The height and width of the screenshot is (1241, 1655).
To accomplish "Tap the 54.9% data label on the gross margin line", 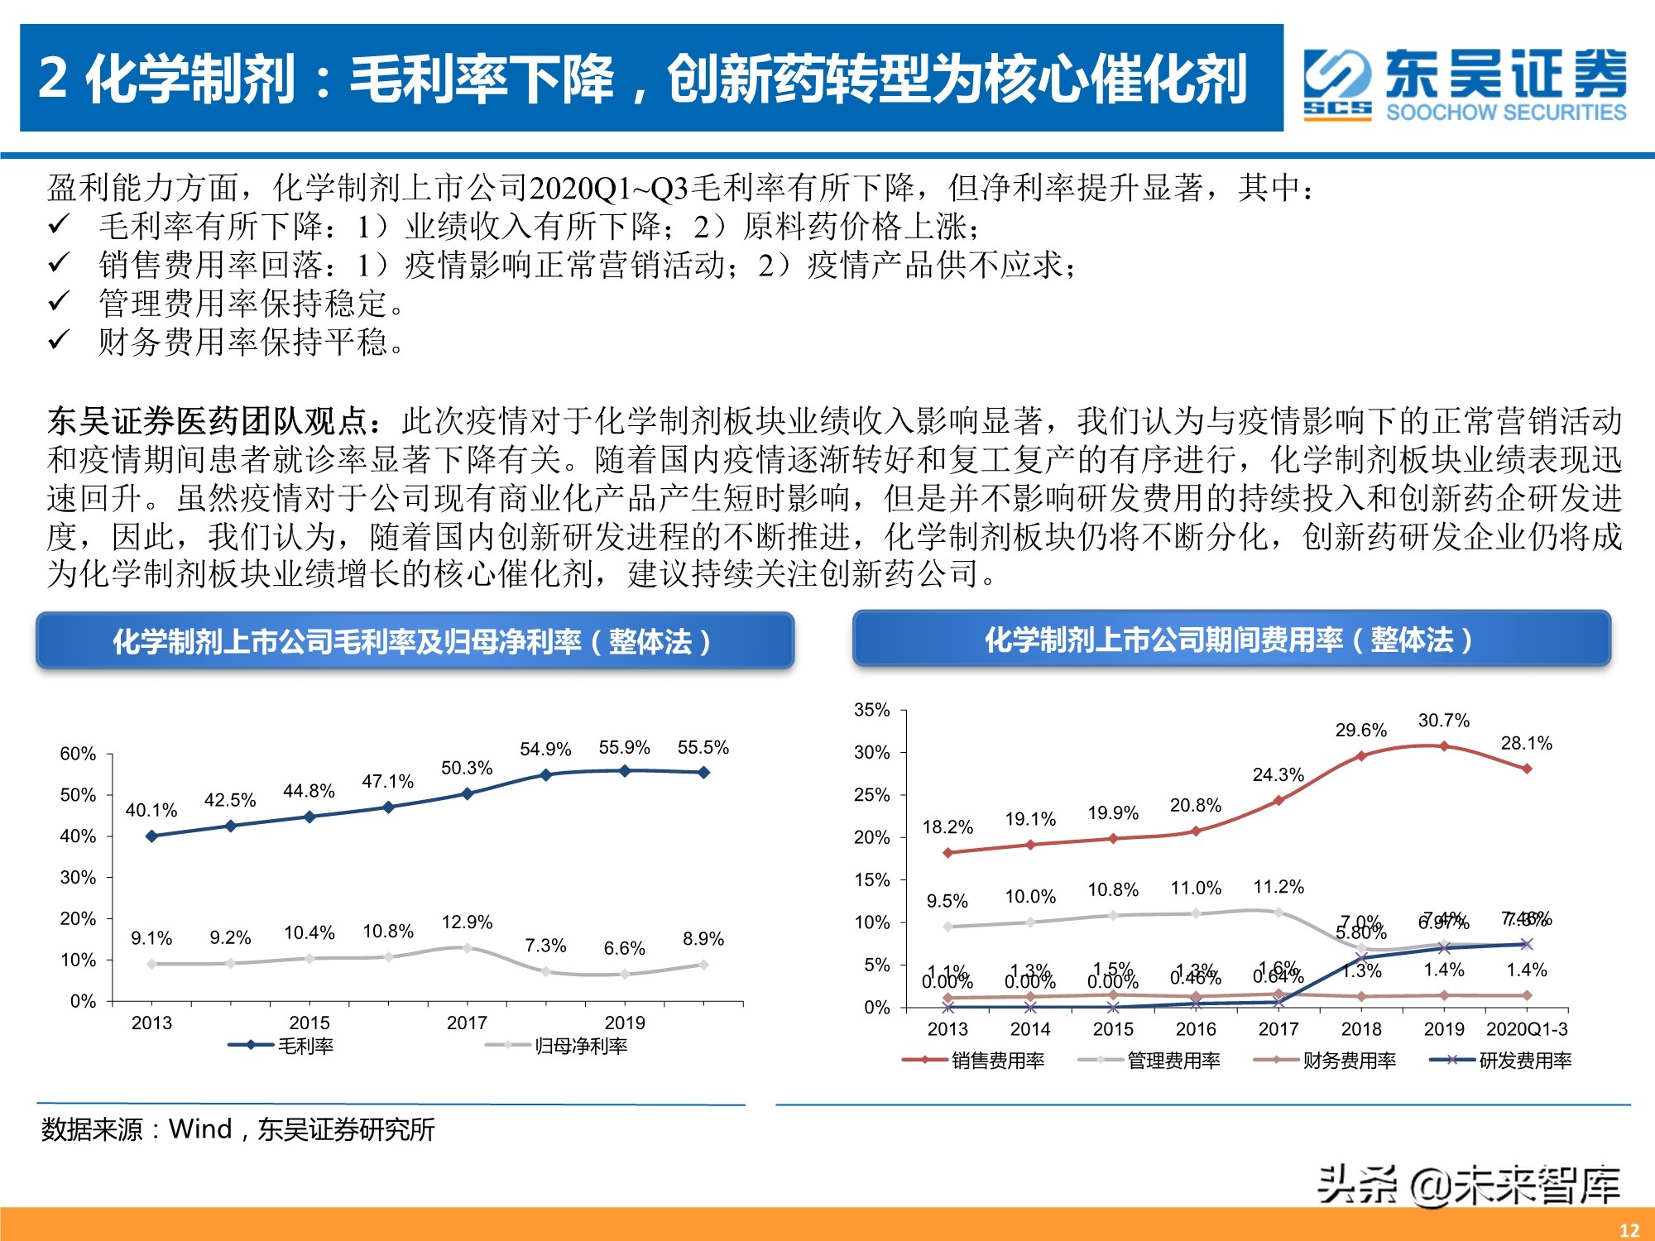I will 545,750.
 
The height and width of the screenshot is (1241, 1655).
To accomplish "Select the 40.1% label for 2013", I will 151,810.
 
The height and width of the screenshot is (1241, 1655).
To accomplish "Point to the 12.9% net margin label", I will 467,922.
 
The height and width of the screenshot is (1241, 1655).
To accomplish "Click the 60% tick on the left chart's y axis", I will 78,754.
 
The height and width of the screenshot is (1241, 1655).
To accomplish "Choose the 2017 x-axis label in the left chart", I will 467,1023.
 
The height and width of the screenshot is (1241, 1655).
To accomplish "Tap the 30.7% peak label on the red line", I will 1444,721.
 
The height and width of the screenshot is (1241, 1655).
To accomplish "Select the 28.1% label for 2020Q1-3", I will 1527,744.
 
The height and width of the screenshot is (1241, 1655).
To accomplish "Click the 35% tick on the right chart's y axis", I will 871,710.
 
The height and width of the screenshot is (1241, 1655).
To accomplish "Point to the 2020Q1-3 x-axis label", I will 1527,1029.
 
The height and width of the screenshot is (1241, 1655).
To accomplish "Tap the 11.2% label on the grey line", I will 1278,888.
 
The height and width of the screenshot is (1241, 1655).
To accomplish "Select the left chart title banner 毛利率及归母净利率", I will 414,641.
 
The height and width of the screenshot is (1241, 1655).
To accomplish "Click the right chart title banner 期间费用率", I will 1230,640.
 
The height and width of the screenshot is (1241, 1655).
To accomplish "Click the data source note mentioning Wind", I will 237,1129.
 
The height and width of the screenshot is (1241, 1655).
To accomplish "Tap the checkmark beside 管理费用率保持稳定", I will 59,302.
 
